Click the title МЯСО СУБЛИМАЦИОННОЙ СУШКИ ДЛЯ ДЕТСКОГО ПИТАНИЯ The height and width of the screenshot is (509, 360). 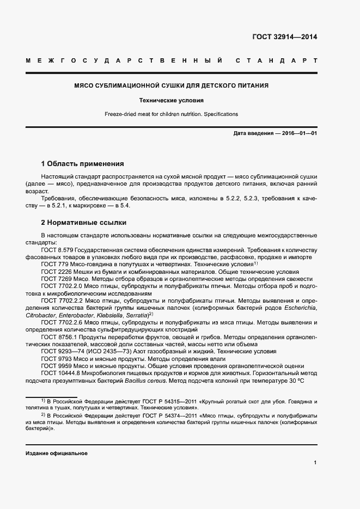tap(171, 86)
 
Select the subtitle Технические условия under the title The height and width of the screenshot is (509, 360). tap(171, 101)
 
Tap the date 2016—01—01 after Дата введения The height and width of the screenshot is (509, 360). tap(299, 133)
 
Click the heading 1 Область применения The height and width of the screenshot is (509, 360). tap(83, 163)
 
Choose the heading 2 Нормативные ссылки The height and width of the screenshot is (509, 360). tap(84, 223)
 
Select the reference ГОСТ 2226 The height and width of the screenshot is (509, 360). tap(56, 271)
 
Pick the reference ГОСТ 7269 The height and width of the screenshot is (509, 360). tap(56, 278)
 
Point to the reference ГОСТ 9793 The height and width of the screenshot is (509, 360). tap(56, 359)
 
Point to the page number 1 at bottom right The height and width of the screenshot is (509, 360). tap(315, 463)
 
